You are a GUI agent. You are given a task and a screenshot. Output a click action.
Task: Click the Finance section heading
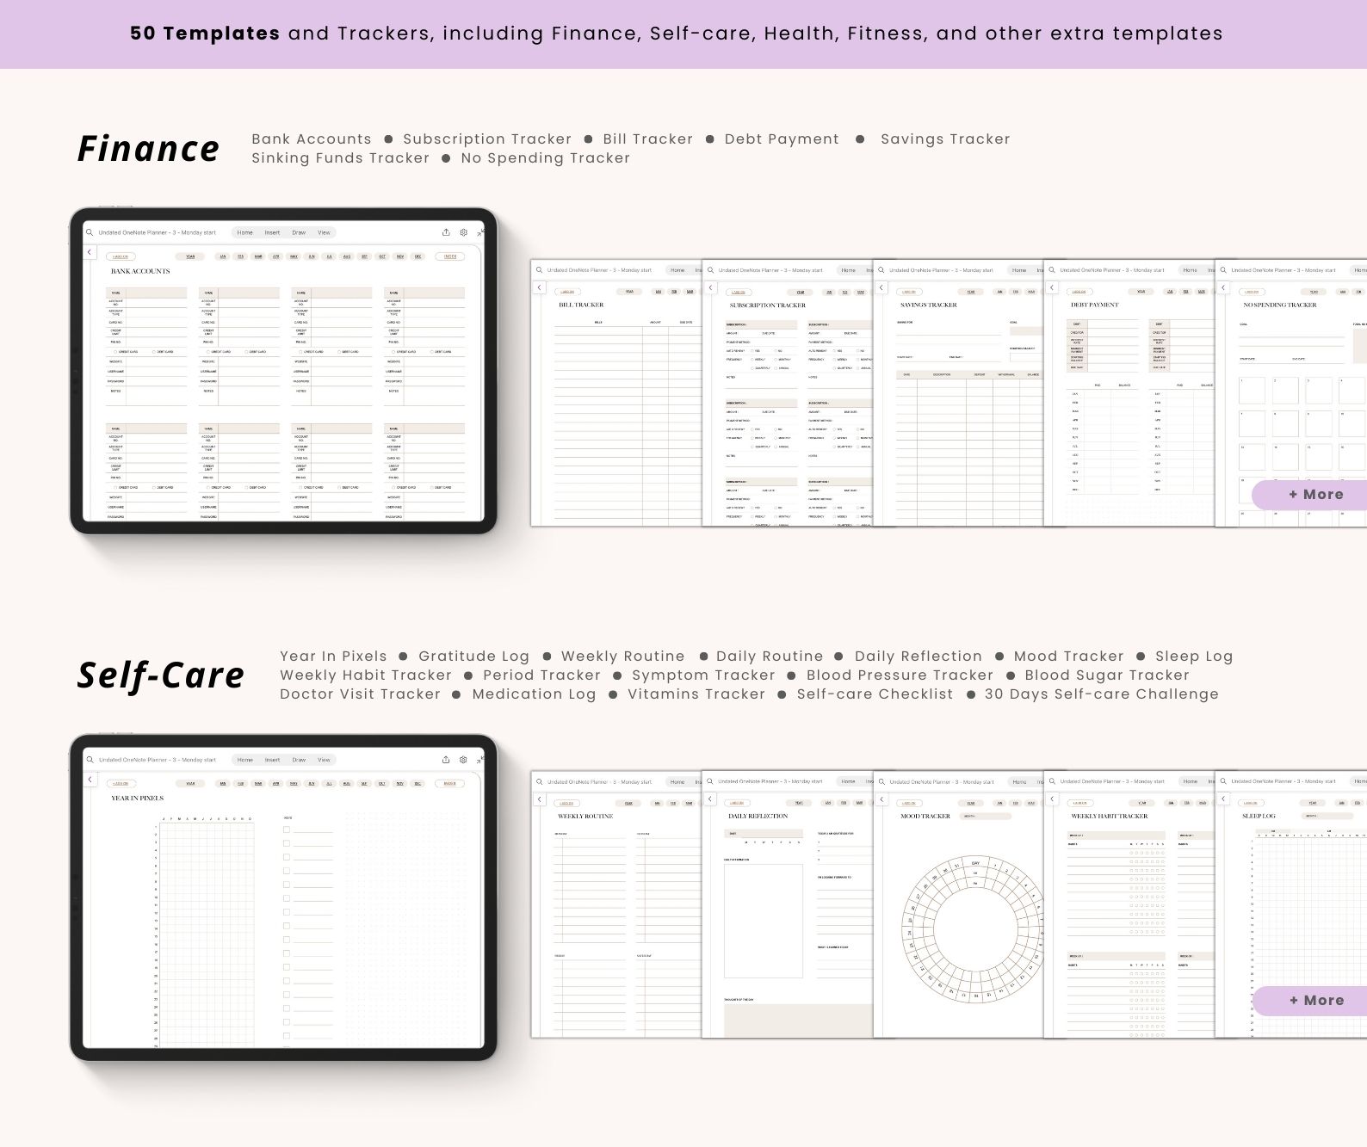[x=148, y=148]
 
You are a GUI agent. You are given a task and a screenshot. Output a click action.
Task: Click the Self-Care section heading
[x=161, y=675]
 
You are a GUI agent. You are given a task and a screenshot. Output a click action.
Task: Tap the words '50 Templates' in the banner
[x=205, y=34]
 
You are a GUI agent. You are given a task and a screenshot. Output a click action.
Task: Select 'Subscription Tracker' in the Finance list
[x=487, y=139]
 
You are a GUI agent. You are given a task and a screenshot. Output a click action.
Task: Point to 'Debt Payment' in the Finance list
[x=782, y=139]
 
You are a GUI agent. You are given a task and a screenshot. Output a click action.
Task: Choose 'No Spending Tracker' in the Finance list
[x=545, y=158]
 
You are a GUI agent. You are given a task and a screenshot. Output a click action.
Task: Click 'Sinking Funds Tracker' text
[x=340, y=158]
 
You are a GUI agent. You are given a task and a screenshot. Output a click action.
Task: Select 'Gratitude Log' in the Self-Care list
[x=473, y=657]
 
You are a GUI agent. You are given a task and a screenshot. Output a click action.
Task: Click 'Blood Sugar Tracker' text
[x=1107, y=675]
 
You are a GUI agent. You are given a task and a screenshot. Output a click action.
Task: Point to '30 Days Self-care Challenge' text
[x=1101, y=694]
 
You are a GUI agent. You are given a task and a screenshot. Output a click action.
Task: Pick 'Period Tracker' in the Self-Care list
[x=541, y=675]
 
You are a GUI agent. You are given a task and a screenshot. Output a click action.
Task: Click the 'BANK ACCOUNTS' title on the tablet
[x=140, y=271]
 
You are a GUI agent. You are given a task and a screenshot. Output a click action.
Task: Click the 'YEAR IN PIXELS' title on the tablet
[x=137, y=799]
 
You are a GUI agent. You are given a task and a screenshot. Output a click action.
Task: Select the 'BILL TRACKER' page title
[x=581, y=305]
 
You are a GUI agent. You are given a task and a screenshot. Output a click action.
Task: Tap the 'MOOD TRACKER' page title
[x=925, y=816]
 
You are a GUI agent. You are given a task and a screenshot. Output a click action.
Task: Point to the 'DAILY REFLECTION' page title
[x=758, y=816]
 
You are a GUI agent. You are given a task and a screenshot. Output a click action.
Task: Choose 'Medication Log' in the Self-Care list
[x=534, y=694]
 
